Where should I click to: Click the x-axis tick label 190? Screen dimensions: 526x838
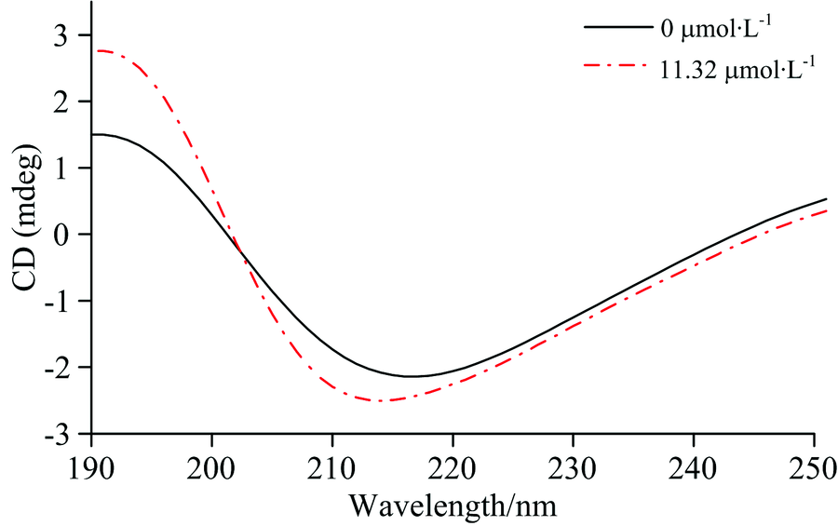pos(92,463)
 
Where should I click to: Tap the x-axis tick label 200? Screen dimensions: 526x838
pos(212,463)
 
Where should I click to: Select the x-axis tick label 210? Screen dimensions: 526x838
pos(332,463)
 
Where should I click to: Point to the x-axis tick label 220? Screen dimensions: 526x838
pos(453,463)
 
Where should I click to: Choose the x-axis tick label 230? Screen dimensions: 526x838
pos(573,463)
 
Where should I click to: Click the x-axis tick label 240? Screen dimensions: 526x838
pos(693,463)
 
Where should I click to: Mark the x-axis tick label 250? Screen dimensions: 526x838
pos(812,463)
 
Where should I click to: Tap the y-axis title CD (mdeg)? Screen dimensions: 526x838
pos(25,234)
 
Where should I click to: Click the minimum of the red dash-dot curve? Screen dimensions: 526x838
pos(383,400)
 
